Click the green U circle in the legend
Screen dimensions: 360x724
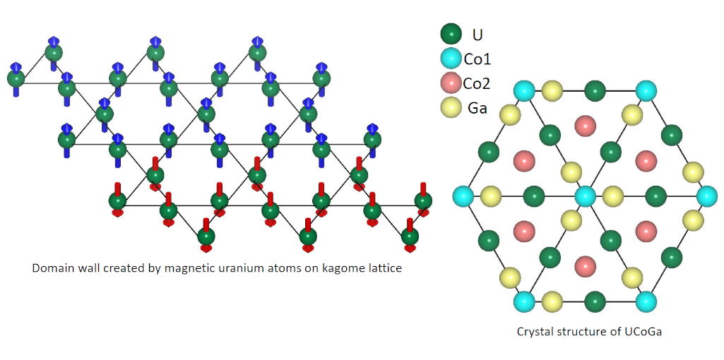(451, 34)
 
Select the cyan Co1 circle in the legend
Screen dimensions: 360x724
(451, 59)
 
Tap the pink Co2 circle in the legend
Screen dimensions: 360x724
(451, 83)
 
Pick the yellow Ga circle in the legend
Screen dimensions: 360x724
(451, 107)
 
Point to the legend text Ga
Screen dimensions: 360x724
(477, 107)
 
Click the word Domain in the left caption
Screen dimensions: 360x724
(52, 268)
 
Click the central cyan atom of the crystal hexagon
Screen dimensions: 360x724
(585, 196)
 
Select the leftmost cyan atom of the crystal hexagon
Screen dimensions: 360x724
(463, 196)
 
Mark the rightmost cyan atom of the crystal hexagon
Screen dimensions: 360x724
(706, 196)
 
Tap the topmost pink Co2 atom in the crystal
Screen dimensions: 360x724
(585, 126)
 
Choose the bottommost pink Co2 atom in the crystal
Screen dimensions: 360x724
(585, 266)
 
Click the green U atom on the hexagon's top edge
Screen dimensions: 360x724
(595, 90)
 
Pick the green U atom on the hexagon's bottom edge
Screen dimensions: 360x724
(595, 301)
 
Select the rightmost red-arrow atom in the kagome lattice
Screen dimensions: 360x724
(423, 201)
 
